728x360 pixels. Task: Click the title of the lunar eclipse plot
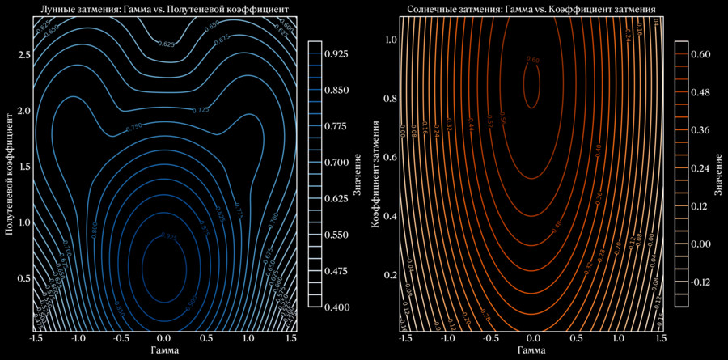pyautogui.click(x=164, y=9)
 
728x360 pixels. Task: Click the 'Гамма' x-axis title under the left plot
pyautogui.click(x=164, y=350)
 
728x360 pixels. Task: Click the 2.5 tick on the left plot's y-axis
pyautogui.click(x=23, y=54)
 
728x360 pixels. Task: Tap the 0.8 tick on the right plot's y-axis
pyautogui.click(x=390, y=99)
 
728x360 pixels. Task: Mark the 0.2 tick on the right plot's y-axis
pyautogui.click(x=390, y=275)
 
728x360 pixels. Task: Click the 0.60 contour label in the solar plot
pyautogui.click(x=532, y=59)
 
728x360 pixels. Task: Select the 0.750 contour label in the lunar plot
pyautogui.click(x=134, y=127)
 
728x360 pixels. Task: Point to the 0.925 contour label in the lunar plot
pyautogui.click(x=168, y=236)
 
